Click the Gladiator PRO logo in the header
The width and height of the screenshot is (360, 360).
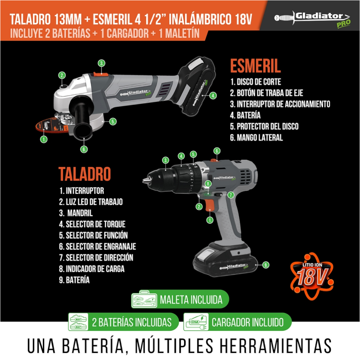click(312, 19)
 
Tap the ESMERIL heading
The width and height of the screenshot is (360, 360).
click(255, 66)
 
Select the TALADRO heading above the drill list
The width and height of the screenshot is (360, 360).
click(85, 174)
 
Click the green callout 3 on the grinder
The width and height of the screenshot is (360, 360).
click(102, 63)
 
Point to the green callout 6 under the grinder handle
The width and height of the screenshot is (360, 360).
click(84, 149)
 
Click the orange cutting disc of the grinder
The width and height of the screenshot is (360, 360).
click(49, 126)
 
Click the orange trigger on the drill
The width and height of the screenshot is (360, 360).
click(210, 205)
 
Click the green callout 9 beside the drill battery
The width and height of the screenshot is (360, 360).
click(266, 265)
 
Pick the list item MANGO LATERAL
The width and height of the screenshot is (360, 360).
click(256, 138)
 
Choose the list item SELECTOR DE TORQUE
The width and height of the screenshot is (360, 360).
click(92, 224)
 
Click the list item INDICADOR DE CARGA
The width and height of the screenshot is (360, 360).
click(91, 269)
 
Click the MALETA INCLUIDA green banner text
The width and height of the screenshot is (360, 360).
click(191, 300)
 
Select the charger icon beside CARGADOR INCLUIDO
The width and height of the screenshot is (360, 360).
click(196, 322)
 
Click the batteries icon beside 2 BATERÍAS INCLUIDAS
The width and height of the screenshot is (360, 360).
click(78, 322)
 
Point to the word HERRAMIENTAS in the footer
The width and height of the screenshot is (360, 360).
click(275, 346)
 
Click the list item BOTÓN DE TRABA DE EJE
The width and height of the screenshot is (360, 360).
click(266, 93)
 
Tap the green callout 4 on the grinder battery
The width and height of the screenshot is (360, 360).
click(213, 95)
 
